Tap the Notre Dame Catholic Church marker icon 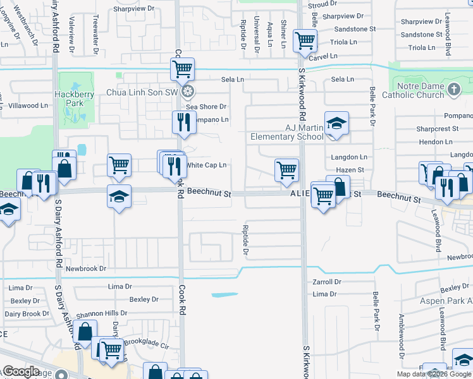point(453,90)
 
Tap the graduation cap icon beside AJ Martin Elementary point(337,123)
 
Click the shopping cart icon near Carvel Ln point(305,42)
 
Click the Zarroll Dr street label point(327,282)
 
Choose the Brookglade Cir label point(147,346)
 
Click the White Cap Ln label point(206,165)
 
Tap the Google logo point(20,371)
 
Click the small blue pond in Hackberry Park point(82,150)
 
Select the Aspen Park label point(441,301)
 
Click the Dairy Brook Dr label point(27,313)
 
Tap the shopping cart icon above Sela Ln point(183,68)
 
